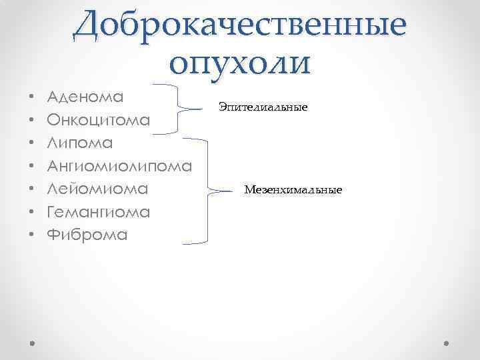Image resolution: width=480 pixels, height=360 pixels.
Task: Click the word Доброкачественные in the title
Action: point(240,25)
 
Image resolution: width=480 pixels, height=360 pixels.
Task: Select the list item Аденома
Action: point(86,97)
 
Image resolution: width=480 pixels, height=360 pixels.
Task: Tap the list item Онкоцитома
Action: point(99,120)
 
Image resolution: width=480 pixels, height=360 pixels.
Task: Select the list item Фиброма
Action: point(87,235)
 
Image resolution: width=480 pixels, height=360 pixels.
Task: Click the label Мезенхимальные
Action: point(293,191)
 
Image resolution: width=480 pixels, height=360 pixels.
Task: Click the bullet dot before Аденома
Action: point(32,97)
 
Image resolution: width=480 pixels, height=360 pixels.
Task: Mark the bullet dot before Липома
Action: point(32,143)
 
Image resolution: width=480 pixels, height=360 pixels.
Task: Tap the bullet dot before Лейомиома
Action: point(32,189)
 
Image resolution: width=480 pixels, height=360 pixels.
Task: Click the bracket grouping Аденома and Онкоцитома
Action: point(179,107)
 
